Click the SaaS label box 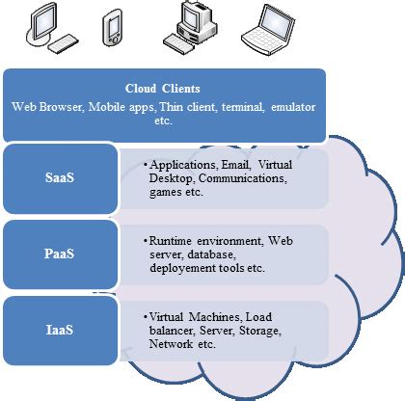(x=60, y=179)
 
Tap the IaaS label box (x=60, y=330)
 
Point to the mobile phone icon (x=115, y=29)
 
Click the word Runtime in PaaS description (x=174, y=238)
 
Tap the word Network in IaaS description (x=174, y=344)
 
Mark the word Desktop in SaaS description (x=171, y=178)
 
